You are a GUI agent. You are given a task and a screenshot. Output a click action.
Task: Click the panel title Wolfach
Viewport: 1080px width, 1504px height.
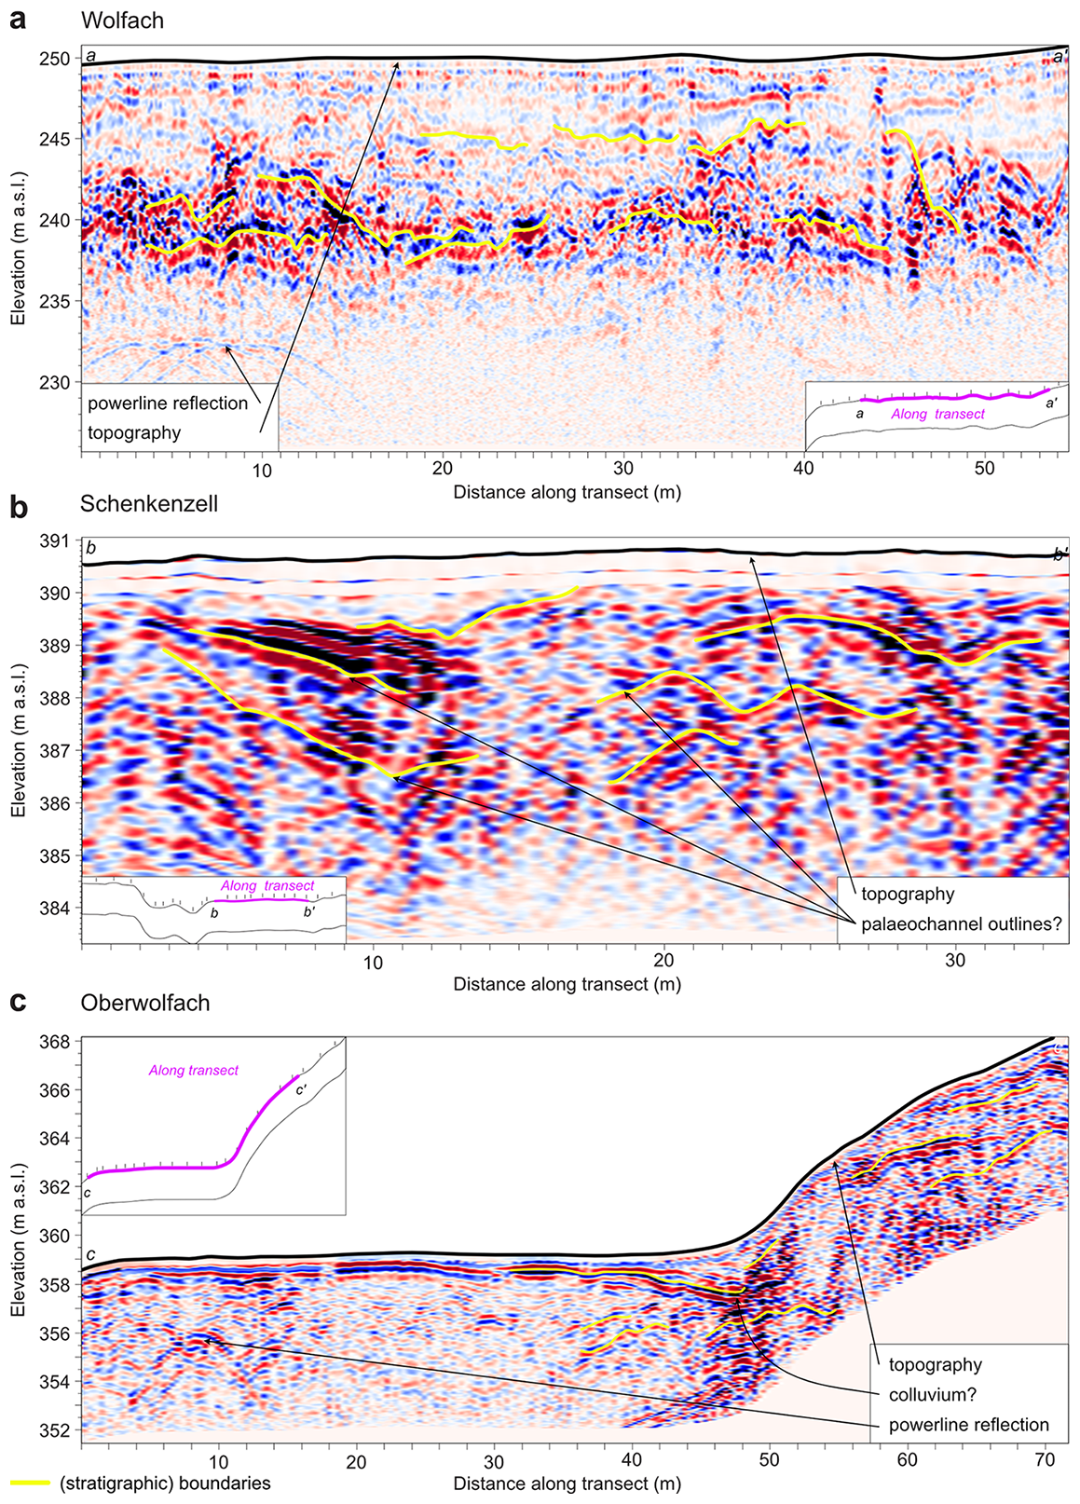[x=122, y=20]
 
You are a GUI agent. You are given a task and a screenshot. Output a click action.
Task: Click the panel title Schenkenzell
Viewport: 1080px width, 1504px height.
[x=149, y=504]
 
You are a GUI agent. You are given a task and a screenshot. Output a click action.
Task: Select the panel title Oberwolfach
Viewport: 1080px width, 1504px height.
[x=144, y=1003]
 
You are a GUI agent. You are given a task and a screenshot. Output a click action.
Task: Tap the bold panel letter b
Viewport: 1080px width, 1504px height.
[x=18, y=507]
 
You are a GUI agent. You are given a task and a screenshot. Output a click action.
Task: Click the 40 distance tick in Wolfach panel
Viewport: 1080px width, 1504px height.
[x=804, y=470]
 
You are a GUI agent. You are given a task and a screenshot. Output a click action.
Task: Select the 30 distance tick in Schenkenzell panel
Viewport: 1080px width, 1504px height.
[x=954, y=962]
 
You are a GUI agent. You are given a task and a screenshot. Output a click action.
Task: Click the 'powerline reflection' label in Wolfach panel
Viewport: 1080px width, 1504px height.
[x=168, y=403]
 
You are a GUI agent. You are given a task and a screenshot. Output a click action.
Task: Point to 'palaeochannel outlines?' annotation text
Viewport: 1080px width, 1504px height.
[x=962, y=924]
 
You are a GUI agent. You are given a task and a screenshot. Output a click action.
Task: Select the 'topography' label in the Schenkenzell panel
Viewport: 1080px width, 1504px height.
[x=908, y=895]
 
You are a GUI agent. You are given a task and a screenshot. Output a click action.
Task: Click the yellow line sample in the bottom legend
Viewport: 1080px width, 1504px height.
[x=30, y=1482]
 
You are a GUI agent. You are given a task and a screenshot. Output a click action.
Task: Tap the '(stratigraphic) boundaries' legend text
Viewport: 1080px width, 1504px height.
[x=165, y=1483]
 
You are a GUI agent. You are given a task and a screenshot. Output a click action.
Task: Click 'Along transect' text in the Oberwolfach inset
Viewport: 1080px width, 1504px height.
[x=194, y=1071]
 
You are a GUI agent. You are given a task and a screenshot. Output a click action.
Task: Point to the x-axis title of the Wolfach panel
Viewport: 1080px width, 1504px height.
[x=567, y=492]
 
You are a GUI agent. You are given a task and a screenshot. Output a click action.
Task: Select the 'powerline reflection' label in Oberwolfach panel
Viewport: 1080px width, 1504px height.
[x=969, y=1425]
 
